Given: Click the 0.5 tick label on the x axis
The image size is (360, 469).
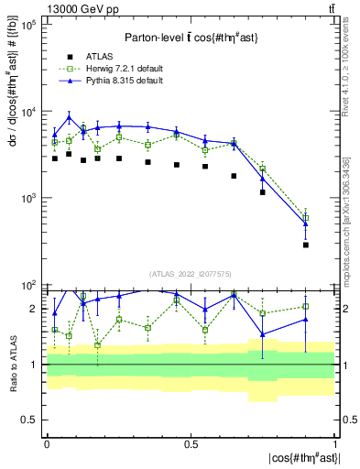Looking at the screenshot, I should (191, 443).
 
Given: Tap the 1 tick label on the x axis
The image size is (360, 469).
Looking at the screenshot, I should (335, 443).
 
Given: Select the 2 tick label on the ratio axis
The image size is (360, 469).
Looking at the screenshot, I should (33, 309).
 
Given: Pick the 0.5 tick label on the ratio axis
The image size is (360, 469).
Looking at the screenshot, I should (29, 420).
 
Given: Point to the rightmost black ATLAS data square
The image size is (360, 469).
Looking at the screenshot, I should (306, 245).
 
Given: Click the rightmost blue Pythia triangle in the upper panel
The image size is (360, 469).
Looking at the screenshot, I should (306, 224).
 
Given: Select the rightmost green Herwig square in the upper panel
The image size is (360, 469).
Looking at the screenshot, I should (306, 218).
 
